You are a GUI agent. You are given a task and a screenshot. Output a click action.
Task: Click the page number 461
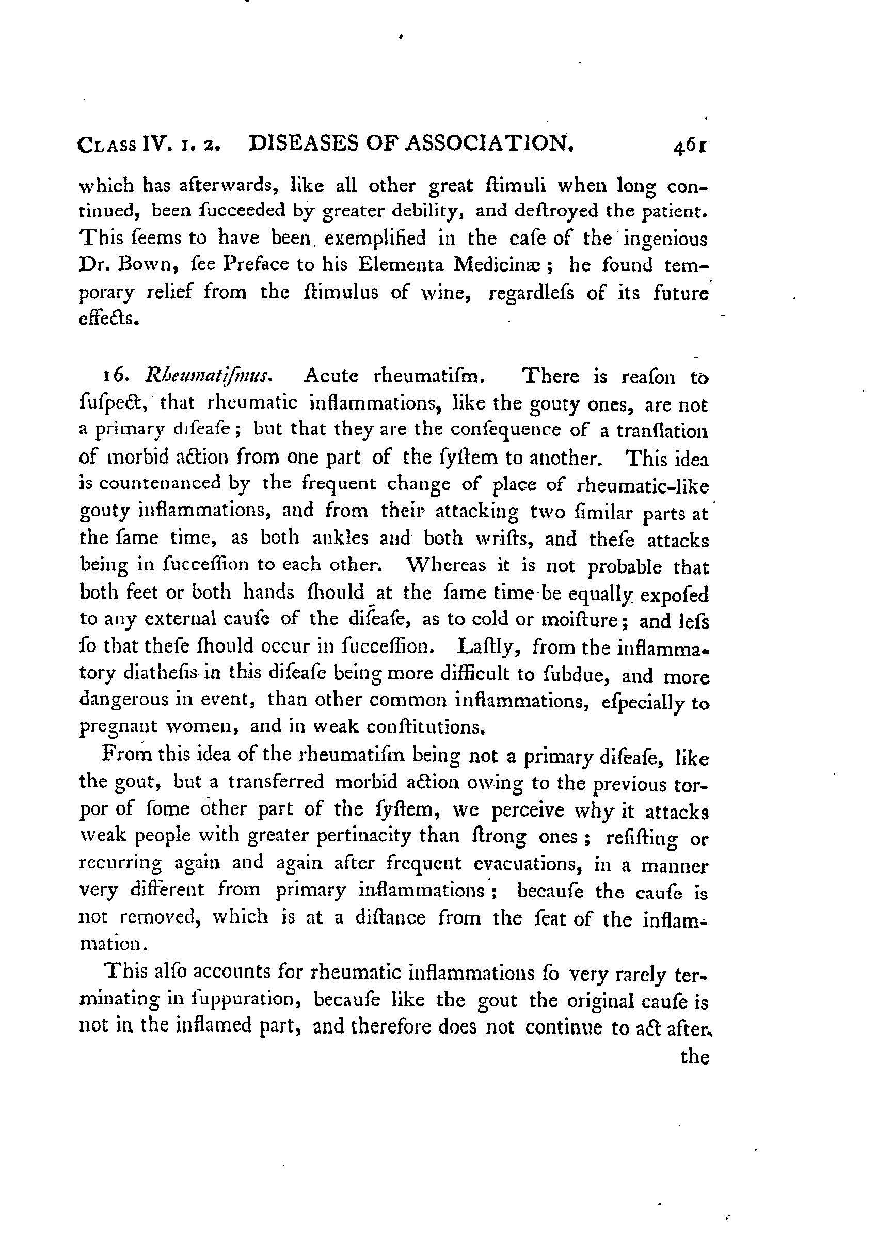click(690, 147)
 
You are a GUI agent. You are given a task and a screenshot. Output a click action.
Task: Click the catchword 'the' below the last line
click(695, 1057)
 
